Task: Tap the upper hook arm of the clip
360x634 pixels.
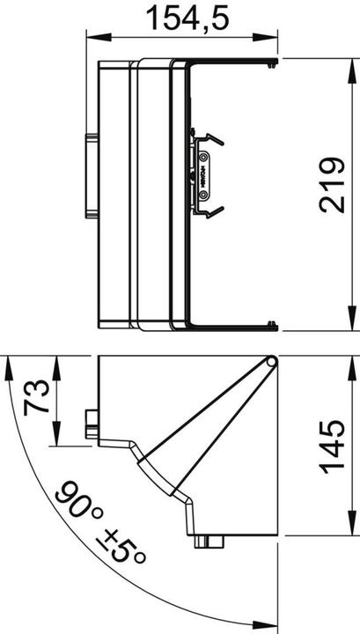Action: click(x=211, y=139)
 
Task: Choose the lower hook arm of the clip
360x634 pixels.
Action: click(x=211, y=211)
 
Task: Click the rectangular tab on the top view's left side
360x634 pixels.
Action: click(x=92, y=175)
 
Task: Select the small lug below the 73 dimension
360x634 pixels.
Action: click(x=92, y=422)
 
